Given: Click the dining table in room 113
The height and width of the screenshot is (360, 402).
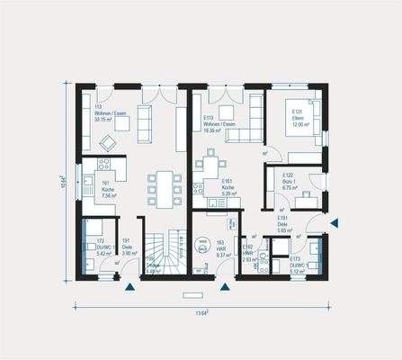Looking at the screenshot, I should (164, 187).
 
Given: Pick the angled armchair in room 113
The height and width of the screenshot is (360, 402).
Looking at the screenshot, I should (109, 142).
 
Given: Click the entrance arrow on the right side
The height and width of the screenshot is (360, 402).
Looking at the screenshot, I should (334, 221).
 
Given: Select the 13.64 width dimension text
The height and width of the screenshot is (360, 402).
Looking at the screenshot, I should (201, 312).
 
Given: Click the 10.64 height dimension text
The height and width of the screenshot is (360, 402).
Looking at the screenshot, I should (63, 181).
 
